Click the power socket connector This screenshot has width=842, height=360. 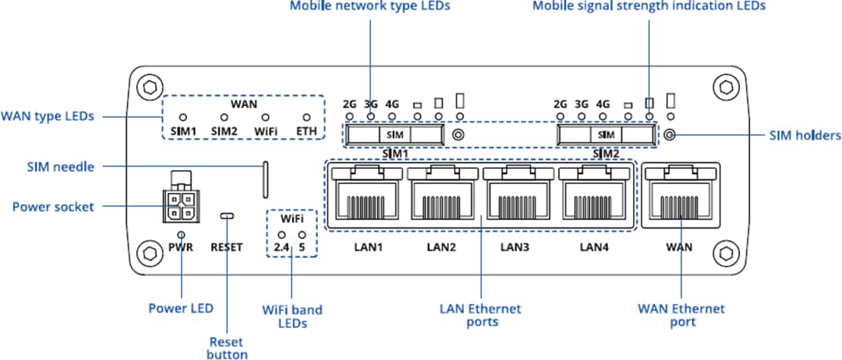point(180,206)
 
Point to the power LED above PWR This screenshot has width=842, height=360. point(181,234)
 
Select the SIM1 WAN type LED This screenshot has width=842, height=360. point(183,116)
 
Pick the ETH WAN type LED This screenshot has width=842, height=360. point(306,116)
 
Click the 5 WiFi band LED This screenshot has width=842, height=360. point(302,234)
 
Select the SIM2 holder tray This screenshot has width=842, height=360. point(606,135)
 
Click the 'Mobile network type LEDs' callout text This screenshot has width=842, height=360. point(370,6)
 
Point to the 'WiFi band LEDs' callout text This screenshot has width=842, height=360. point(292,316)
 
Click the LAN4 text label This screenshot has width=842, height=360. point(593,248)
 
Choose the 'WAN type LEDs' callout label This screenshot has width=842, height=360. point(48,116)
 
